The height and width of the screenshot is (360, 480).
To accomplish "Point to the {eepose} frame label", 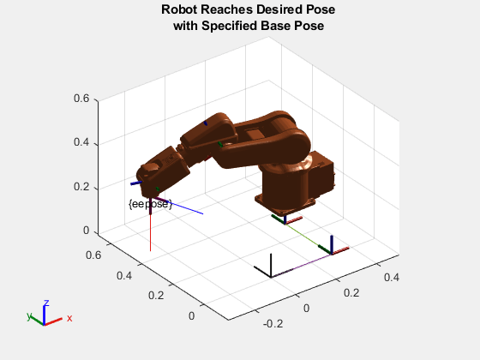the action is [x=150, y=204].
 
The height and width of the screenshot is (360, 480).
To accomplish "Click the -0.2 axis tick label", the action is [x=273, y=324].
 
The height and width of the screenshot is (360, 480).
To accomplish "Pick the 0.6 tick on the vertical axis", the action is [x=81, y=99].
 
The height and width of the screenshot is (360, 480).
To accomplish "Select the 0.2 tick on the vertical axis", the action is [x=81, y=187].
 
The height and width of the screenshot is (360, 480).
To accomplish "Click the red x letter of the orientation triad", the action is [x=69, y=318].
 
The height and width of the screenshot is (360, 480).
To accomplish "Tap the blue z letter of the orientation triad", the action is [x=46, y=303].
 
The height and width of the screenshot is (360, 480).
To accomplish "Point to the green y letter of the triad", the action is [x=29, y=316].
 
